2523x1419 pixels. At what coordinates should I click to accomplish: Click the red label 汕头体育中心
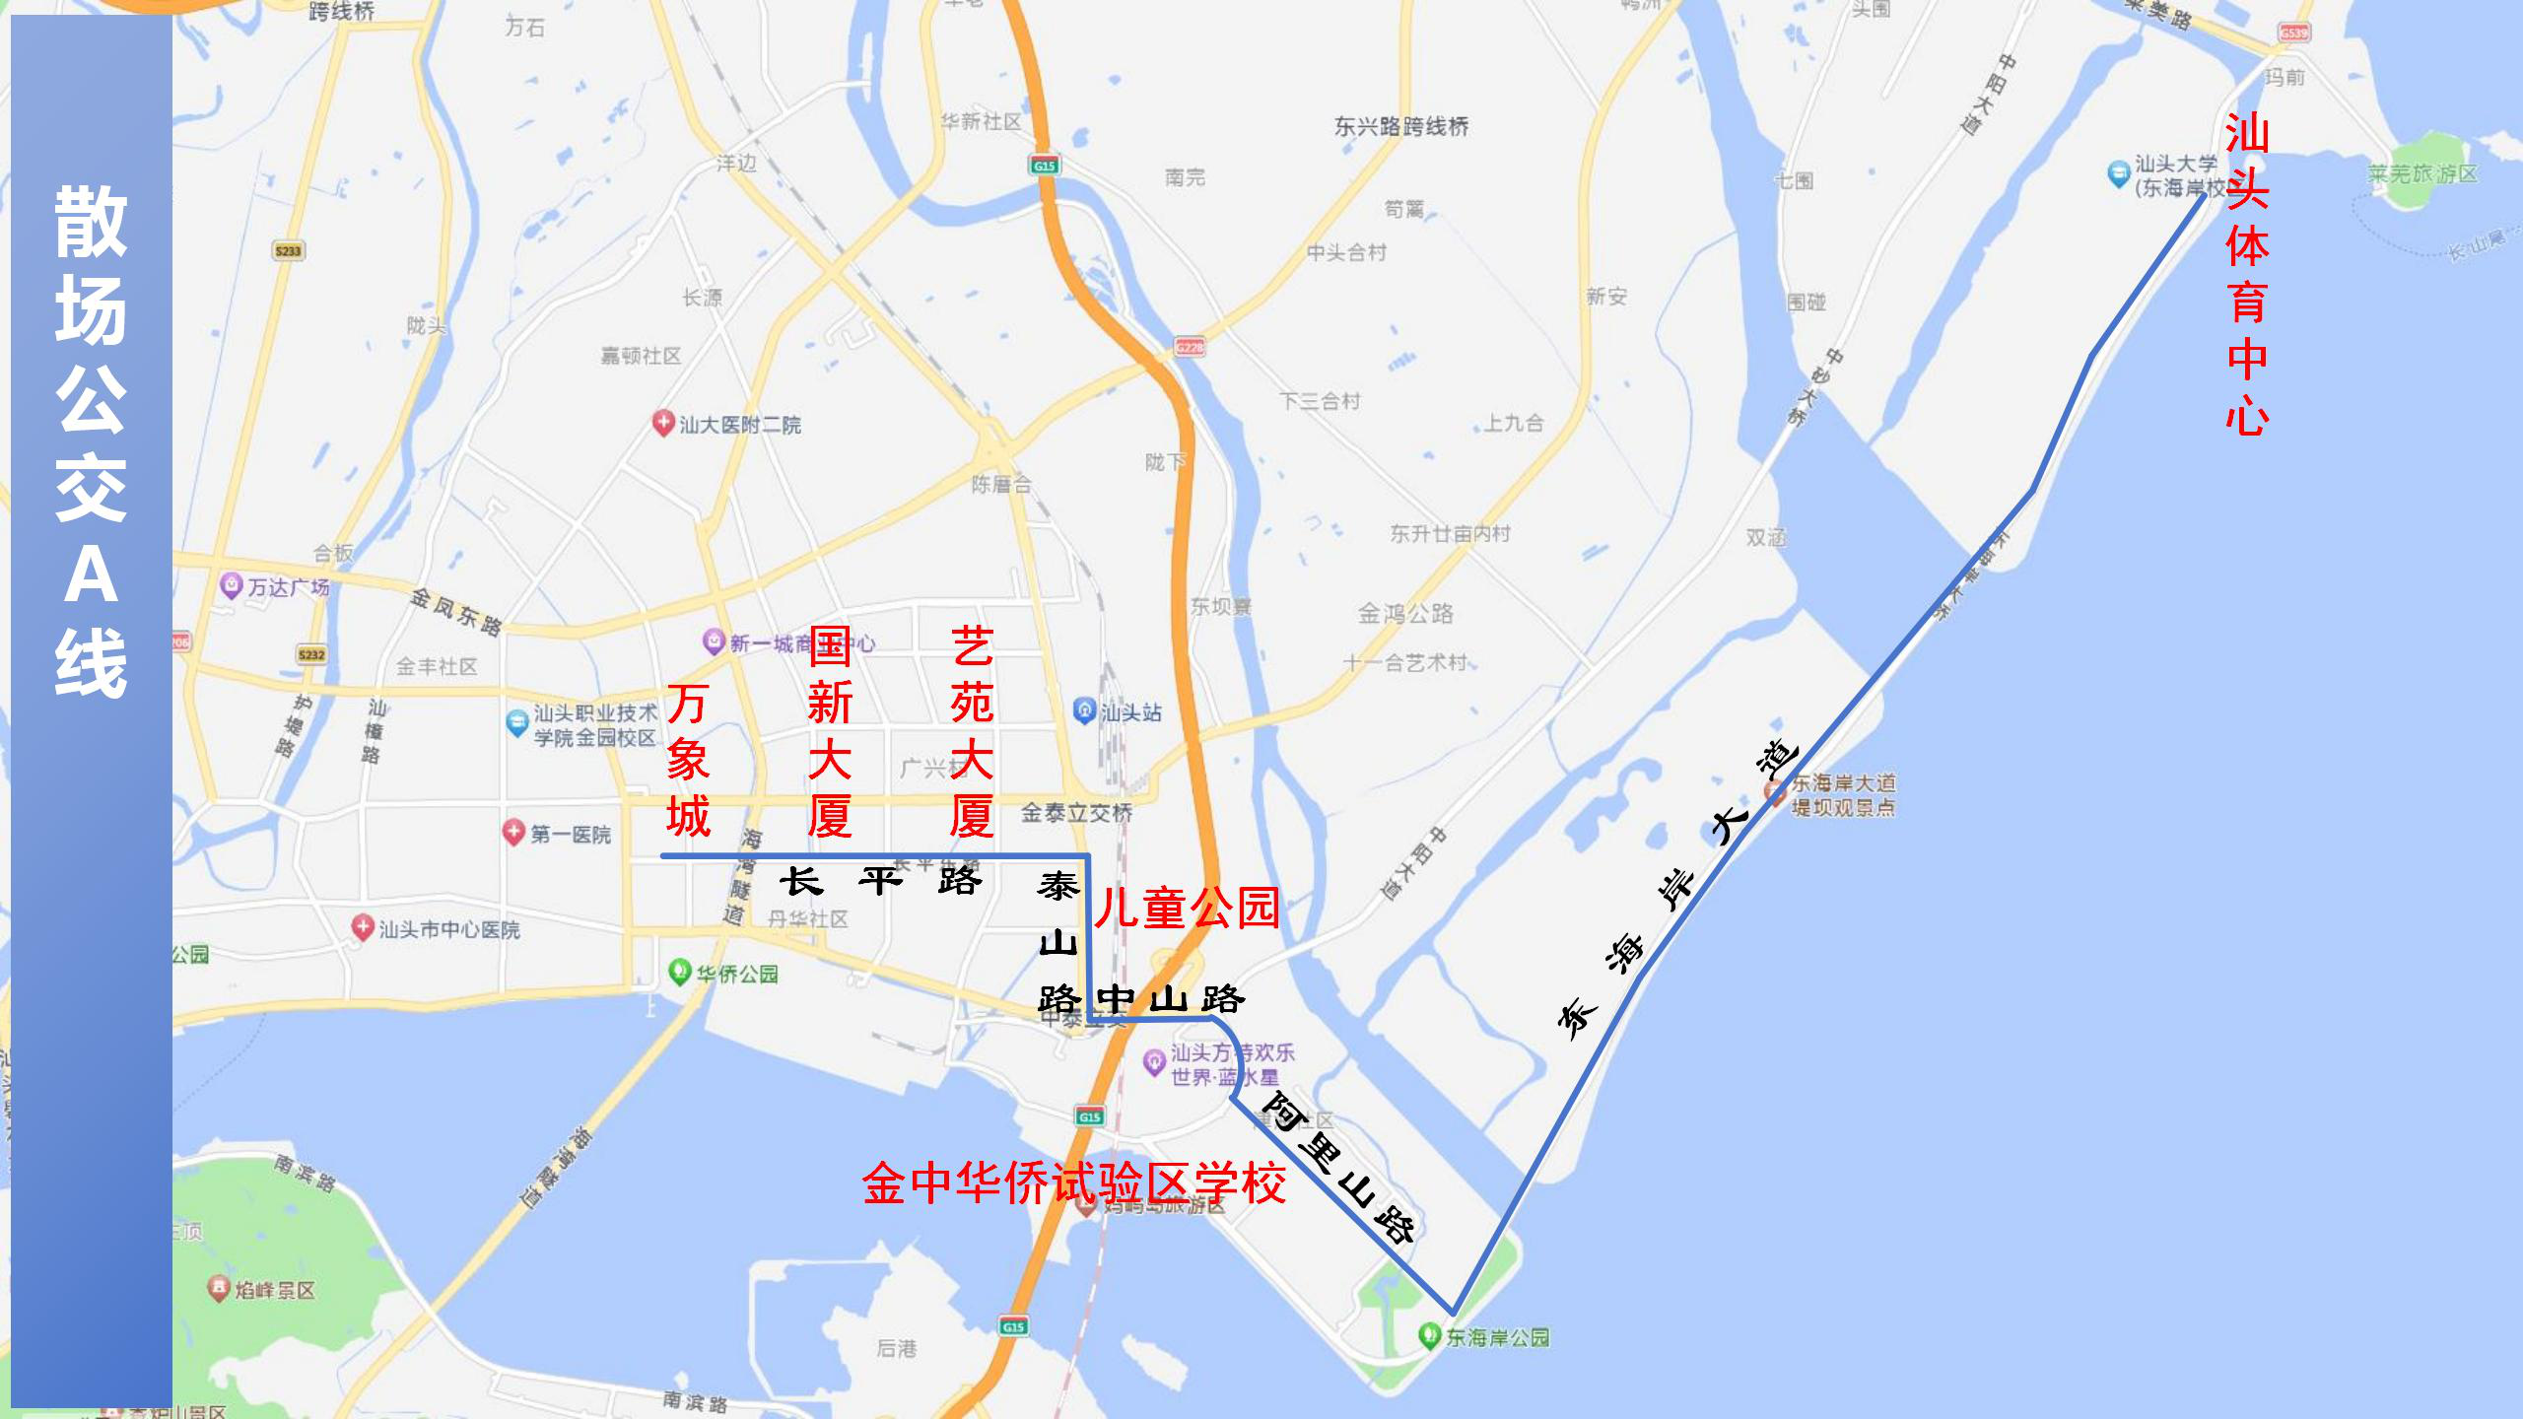(2247, 274)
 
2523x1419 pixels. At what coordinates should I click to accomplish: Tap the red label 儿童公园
(1187, 907)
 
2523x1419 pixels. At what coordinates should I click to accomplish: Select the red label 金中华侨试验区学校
(1073, 1182)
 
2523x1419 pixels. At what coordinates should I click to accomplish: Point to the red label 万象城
(688, 761)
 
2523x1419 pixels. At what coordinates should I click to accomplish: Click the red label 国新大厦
(830, 732)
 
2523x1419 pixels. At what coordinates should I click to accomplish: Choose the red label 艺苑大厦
(972, 732)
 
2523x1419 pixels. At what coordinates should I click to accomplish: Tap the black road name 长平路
(880, 880)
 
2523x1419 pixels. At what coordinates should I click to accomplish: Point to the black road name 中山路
(1170, 999)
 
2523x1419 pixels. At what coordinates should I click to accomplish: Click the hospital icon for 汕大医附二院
(663, 424)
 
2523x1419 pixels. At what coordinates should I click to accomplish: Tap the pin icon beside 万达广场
(231, 586)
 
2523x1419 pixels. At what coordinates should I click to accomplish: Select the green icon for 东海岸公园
(1429, 1336)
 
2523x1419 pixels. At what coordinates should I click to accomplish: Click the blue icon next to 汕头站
(1084, 710)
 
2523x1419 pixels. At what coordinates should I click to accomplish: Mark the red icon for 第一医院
(512, 834)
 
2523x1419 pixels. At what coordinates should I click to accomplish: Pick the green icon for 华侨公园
(679, 973)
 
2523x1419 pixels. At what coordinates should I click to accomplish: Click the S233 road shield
(288, 250)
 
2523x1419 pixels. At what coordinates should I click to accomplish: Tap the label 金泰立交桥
(1076, 813)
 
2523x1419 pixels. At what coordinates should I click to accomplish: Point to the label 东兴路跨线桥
(1400, 126)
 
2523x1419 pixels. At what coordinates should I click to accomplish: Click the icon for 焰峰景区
(219, 1289)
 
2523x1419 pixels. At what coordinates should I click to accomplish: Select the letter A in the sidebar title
(91, 575)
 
